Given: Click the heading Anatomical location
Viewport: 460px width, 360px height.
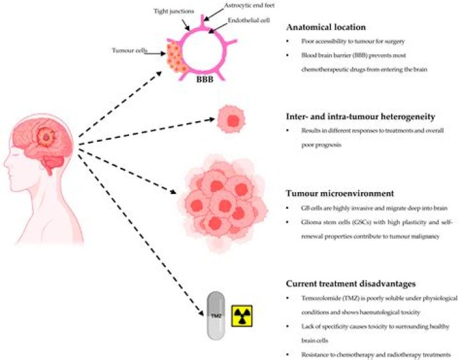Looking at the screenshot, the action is click(326, 27).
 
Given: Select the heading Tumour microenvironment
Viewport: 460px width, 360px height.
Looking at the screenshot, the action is click(340, 193).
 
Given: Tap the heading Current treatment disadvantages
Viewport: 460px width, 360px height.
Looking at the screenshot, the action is click(351, 284).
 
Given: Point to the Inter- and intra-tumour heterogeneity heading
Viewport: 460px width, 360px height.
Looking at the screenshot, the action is click(360, 117).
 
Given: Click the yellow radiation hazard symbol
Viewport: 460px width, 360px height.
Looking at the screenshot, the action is click(241, 316).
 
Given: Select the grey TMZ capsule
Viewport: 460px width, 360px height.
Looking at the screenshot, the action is click(216, 315).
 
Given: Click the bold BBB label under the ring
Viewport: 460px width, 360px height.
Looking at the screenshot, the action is click(205, 79).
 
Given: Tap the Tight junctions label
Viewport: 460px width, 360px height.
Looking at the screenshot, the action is click(174, 11).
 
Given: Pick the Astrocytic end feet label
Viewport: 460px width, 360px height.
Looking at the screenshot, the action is click(249, 5).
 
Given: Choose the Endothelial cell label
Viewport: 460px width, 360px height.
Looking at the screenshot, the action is click(249, 20).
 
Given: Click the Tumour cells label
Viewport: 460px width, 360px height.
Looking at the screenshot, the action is click(129, 50).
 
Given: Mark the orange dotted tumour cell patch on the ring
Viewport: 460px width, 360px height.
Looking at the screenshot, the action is click(175, 57).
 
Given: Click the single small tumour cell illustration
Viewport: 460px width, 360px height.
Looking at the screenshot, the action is click(231, 119).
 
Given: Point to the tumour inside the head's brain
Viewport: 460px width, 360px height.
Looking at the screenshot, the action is click(47, 137).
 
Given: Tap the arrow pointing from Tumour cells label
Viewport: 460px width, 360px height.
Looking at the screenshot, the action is click(155, 54).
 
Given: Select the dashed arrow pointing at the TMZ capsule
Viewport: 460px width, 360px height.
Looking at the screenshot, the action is click(141, 234).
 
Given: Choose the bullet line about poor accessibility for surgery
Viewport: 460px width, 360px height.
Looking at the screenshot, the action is click(353, 41).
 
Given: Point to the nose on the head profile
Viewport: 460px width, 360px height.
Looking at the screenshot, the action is click(6, 163).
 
